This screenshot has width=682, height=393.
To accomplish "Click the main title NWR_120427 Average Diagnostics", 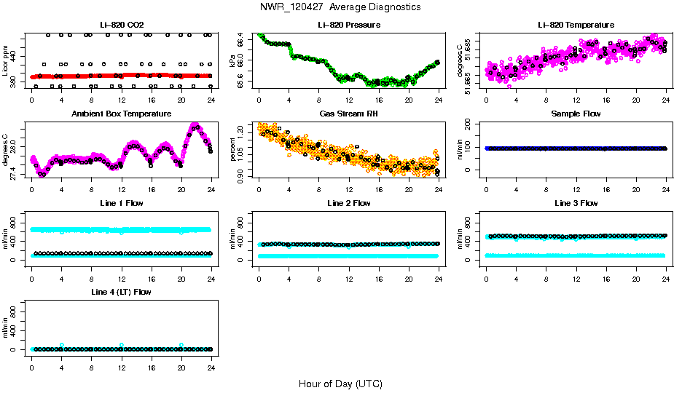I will [x=340, y=7].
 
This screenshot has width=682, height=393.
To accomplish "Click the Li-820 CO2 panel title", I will [x=121, y=25].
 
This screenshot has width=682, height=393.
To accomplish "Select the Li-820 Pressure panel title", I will [x=348, y=25].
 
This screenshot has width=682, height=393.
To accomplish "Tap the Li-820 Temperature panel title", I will [x=576, y=25].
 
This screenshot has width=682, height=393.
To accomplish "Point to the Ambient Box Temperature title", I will [x=121, y=114].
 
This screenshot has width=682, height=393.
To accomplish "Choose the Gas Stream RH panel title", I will [x=348, y=114].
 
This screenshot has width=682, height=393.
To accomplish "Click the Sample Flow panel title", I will [x=576, y=114].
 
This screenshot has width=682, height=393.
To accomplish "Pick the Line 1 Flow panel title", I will [x=121, y=203].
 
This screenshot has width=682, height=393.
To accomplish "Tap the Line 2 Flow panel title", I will [x=348, y=203].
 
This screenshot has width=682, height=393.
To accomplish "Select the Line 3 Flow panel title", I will [x=576, y=203].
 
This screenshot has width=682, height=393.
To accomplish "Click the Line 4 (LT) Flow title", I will [x=121, y=292].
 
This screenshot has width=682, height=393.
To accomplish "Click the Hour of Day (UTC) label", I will [x=340, y=384].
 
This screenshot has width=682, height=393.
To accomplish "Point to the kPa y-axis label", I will [x=232, y=60].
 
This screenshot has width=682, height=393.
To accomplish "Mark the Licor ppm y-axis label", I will [x=5, y=60].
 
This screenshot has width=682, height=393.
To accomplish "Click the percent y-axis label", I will [x=232, y=149].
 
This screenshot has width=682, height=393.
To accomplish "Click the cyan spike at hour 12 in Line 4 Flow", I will [x=122, y=345].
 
